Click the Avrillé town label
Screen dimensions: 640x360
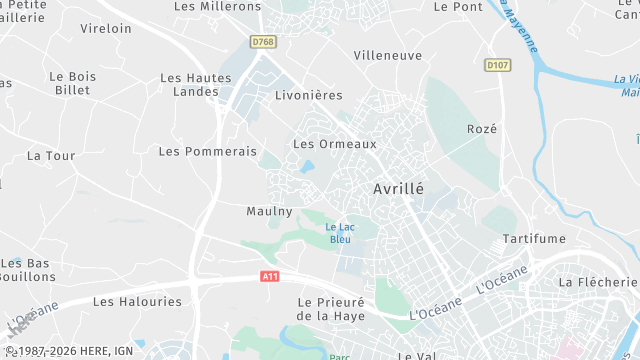(398, 188)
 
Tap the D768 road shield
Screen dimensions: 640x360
(262, 42)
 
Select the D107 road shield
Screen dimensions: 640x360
(496, 65)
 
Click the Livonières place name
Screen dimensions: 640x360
(308, 96)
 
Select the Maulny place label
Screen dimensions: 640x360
(269, 211)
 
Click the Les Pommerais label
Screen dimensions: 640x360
(208, 151)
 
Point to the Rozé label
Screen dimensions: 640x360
(482, 129)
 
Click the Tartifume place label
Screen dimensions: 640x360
(534, 238)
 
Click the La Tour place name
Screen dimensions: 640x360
(51, 156)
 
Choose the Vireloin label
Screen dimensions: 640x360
(105, 29)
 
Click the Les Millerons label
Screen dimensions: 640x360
(217, 6)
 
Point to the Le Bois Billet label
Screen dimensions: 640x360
(72, 83)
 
